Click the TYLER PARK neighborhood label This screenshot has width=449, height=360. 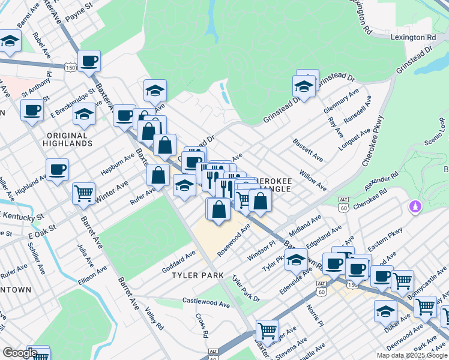click(197, 275)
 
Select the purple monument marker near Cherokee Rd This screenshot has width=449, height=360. click(414, 207)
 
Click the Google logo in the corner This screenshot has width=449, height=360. click(20, 352)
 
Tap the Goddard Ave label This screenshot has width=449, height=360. click(178, 262)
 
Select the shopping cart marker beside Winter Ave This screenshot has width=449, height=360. click(83, 193)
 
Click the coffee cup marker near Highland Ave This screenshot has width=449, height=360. click(57, 169)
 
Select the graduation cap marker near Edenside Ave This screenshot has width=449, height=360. click(295, 260)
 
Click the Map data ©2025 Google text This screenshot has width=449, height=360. click(412, 355)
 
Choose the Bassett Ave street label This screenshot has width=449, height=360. click(308, 150)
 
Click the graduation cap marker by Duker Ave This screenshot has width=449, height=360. click(385, 311)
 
